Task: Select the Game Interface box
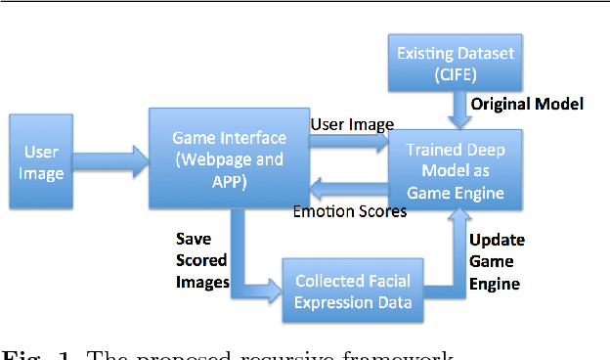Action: [x=228, y=157]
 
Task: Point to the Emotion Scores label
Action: [x=349, y=211]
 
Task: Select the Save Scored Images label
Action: [x=201, y=261]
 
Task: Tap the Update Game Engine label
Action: [x=497, y=261]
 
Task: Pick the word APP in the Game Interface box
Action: [x=228, y=181]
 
